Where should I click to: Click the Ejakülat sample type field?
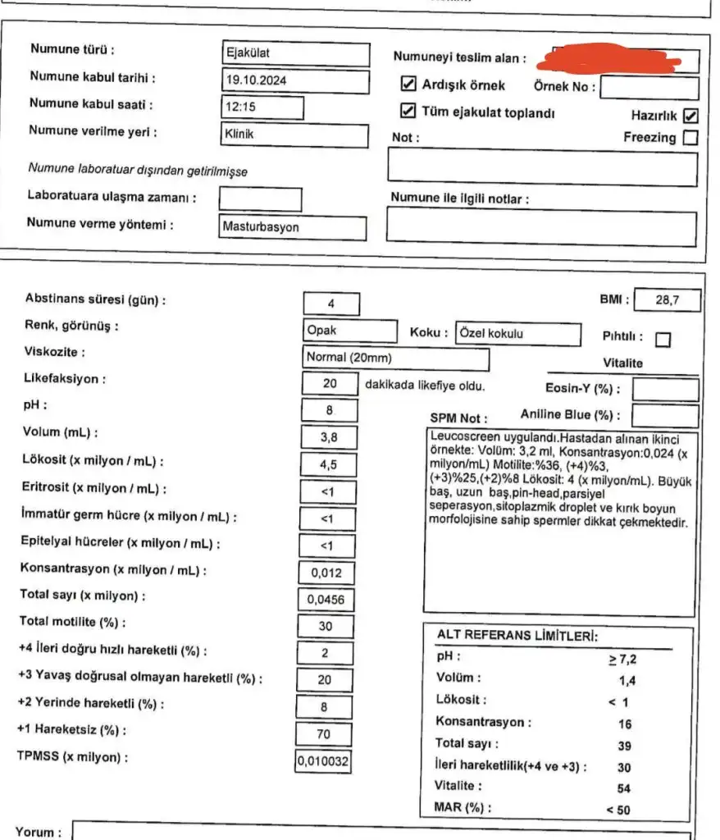point(295,53)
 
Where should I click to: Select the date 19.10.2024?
point(295,80)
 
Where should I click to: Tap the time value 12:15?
point(262,107)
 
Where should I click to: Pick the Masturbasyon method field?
point(293,227)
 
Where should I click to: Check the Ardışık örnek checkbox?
point(408,84)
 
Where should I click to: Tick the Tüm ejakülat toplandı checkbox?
point(408,112)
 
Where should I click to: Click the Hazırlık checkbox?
point(690,116)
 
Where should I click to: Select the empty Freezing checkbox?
point(690,138)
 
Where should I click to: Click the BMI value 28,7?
point(668,301)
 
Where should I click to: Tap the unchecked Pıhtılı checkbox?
point(663,338)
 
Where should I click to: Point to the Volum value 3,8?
point(330,437)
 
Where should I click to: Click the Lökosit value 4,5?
point(330,464)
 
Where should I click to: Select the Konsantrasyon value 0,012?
point(326,573)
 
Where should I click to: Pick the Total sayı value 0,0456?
point(326,600)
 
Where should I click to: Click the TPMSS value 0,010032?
point(323,761)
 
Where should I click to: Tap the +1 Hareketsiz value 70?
point(324,733)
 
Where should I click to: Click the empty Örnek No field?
point(650,87)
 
